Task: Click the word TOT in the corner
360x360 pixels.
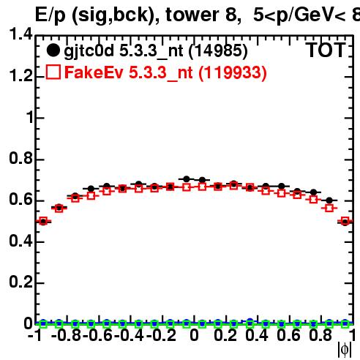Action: tap(326, 50)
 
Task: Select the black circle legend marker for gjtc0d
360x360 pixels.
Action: tap(53, 50)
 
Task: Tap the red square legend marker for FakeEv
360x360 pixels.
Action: tap(53, 72)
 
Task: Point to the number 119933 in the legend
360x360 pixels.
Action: tap(233, 72)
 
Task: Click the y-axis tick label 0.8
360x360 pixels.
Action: tap(20, 158)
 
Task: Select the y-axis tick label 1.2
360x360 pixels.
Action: tap(20, 75)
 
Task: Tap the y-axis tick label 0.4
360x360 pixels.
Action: tap(20, 241)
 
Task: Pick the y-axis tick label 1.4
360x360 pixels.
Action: tap(20, 34)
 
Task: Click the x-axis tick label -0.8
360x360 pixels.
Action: tap(66, 335)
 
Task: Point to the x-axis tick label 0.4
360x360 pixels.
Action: tap(257, 335)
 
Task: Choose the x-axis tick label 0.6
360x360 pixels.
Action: tap(288, 335)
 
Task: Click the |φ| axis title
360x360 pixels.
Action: tap(345, 350)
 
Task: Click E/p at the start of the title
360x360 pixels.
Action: tap(50, 15)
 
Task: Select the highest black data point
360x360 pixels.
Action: tap(187, 179)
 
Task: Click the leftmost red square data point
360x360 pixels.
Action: tap(43, 221)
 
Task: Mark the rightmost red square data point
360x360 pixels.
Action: tap(345, 221)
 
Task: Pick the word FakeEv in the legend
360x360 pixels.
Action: tap(94, 72)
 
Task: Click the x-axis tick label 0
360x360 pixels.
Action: tap(194, 335)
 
